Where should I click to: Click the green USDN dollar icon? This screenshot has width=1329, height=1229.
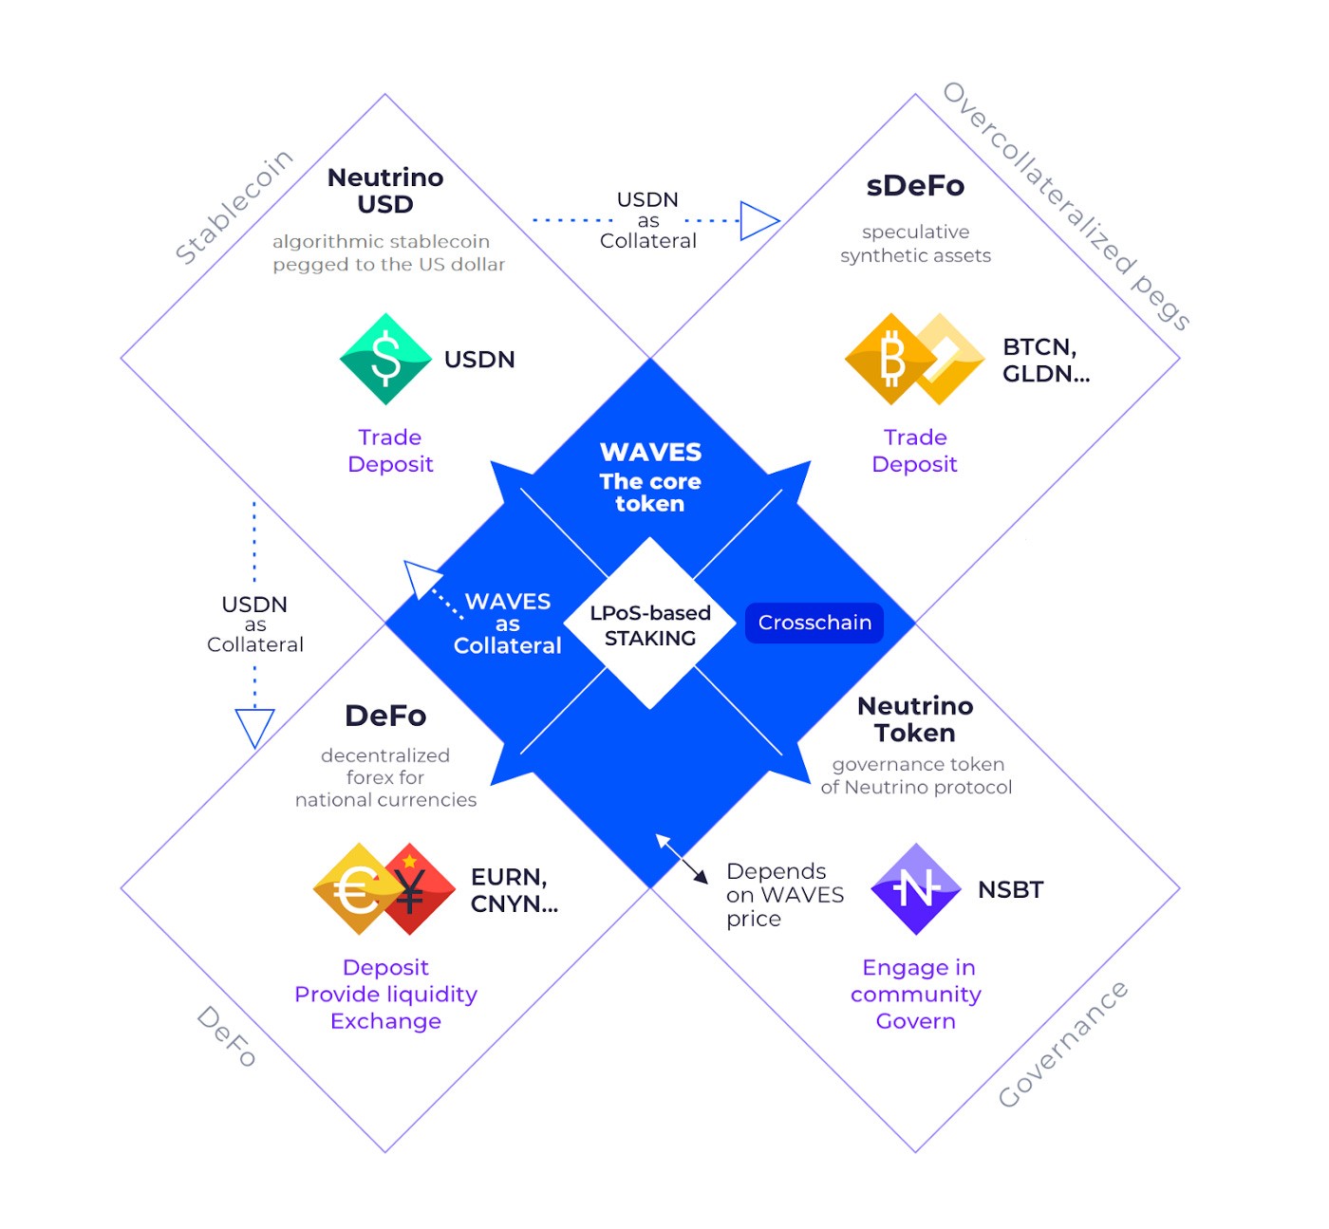pos(385,359)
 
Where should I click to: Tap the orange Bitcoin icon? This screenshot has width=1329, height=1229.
pos(889,359)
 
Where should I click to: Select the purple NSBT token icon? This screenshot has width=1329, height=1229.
pos(916,889)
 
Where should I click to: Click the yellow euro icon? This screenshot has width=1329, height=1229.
pos(356,889)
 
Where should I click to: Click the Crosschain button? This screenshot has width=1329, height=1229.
pos(814,623)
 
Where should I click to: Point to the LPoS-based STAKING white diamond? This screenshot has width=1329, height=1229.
pos(650,624)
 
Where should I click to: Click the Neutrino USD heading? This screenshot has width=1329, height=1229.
pos(385,191)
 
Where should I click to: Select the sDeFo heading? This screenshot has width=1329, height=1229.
pos(915,186)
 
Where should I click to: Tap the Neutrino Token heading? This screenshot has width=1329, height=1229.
pos(915,719)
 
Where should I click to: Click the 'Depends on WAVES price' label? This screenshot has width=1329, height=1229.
pos(784,895)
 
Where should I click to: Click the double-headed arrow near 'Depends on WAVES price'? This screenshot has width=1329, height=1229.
pos(682,859)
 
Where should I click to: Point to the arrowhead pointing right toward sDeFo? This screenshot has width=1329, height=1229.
pos(758,221)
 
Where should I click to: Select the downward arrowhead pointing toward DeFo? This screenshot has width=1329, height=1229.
pos(254,727)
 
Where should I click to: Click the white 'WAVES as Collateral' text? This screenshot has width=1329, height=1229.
pos(508,624)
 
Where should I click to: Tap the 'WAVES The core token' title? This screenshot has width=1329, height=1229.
pos(650,476)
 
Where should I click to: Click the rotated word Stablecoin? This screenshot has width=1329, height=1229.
pos(234,206)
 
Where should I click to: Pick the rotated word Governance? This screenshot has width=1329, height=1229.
pos(1062,1044)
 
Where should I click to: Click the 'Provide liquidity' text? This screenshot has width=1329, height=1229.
pos(385,994)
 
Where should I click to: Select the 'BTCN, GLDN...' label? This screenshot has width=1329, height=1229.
pos(1046,361)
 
